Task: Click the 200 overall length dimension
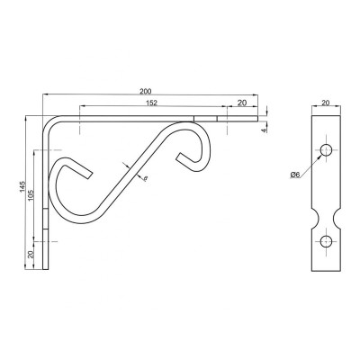146,91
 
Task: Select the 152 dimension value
152,103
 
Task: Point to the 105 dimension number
32,195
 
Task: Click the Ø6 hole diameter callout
295,175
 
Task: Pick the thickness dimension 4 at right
264,130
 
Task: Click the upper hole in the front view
326,150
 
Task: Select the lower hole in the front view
326,241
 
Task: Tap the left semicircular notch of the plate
315,219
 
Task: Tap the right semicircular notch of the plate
337,219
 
